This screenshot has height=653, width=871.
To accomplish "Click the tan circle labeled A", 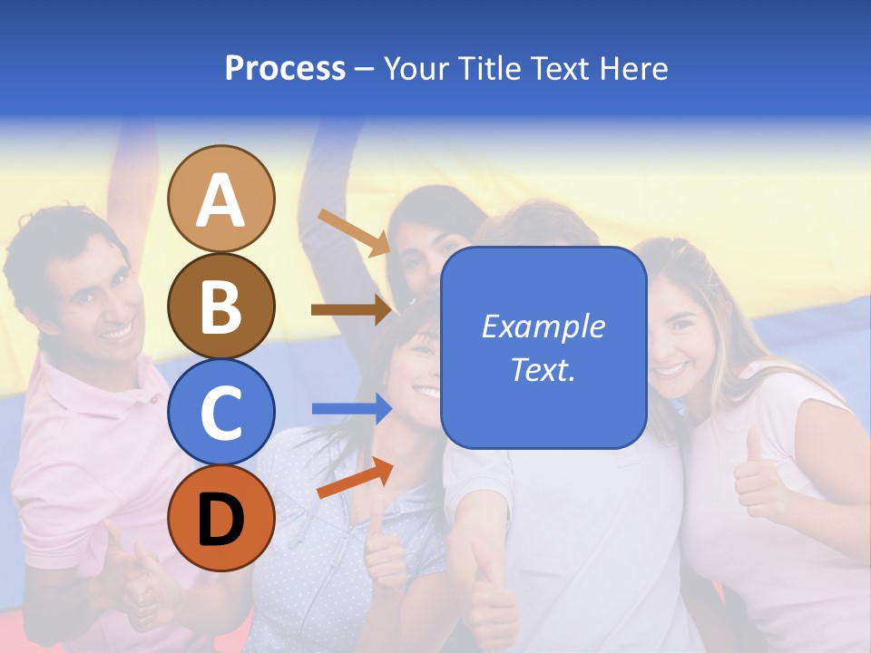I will click(221, 199).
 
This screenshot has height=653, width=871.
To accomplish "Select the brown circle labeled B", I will click(221, 307).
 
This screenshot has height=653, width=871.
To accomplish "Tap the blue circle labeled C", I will click(221, 412).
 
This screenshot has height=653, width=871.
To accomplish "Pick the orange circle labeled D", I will click(221, 518).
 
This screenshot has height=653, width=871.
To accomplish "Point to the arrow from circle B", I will click(354, 310).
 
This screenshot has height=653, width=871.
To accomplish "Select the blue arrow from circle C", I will click(352, 409).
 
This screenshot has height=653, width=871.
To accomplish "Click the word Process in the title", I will click(285, 68).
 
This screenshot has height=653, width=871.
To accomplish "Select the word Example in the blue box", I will click(543, 326).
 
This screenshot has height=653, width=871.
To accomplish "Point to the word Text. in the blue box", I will click(543, 369).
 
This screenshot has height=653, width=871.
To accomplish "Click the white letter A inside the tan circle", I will click(221, 200).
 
